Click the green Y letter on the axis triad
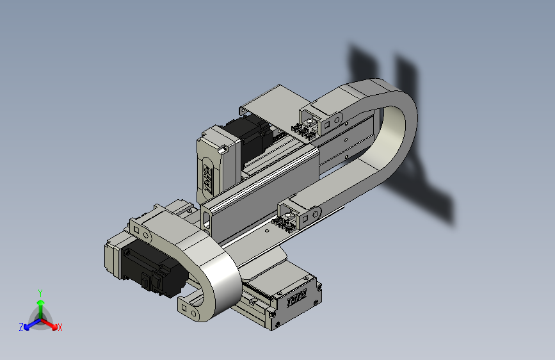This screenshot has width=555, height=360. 40,292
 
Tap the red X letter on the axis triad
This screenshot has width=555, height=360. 60,328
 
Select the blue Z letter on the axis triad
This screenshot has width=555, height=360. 20,327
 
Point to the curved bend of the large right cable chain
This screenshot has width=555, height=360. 400,128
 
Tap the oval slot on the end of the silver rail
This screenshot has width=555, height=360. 207,217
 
